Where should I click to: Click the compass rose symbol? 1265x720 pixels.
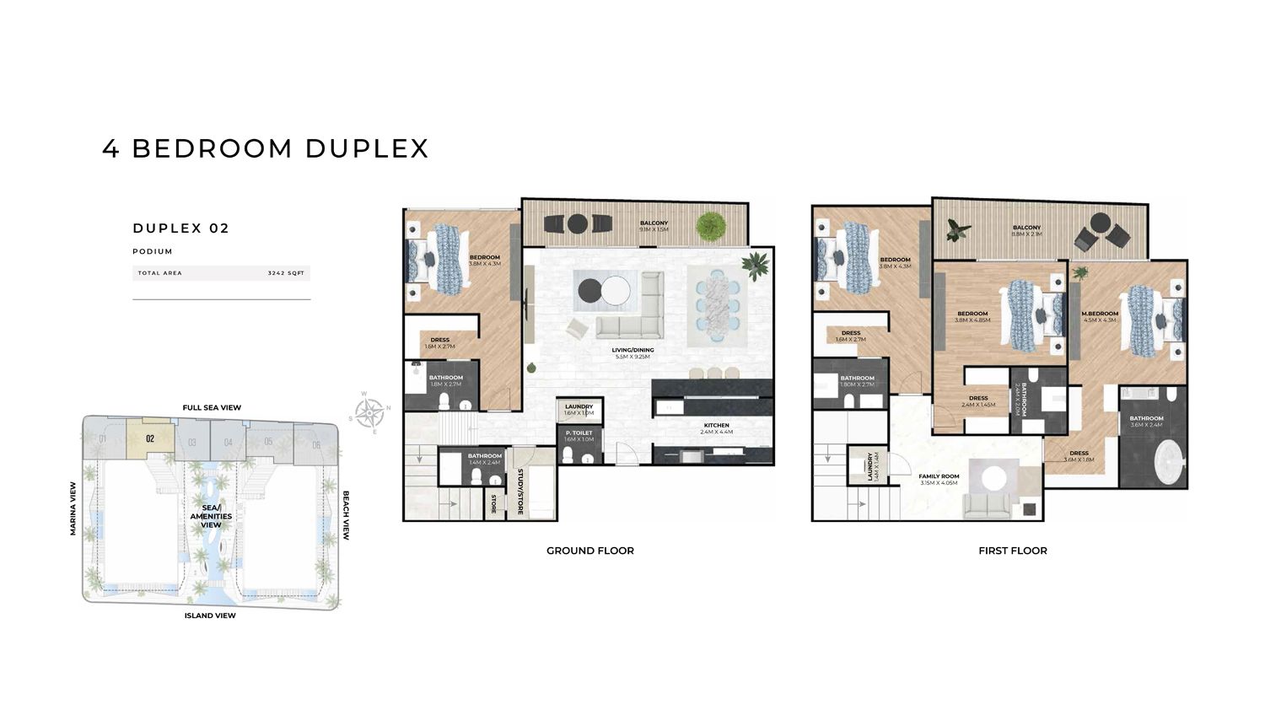[369, 413]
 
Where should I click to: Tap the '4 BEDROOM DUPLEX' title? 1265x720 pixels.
[266, 148]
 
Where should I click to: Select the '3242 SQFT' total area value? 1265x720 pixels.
[286, 273]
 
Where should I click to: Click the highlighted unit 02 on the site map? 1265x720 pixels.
[150, 438]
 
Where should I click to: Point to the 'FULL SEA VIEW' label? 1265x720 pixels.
[212, 407]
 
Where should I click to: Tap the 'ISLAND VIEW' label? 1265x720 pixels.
[210, 615]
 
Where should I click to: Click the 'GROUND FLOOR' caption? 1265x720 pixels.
[589, 551]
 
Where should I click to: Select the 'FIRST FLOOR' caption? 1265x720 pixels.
[1012, 551]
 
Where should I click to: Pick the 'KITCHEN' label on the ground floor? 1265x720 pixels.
[715, 426]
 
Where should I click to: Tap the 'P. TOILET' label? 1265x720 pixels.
[579, 433]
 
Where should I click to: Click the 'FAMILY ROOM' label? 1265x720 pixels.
[939, 477]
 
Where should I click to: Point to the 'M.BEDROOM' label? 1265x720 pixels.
[1099, 314]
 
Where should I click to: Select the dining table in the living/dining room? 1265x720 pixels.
[717, 305]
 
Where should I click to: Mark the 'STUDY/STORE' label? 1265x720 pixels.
[521, 492]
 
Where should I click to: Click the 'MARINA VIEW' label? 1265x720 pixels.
[73, 508]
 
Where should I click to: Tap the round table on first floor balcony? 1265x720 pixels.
[1100, 224]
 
